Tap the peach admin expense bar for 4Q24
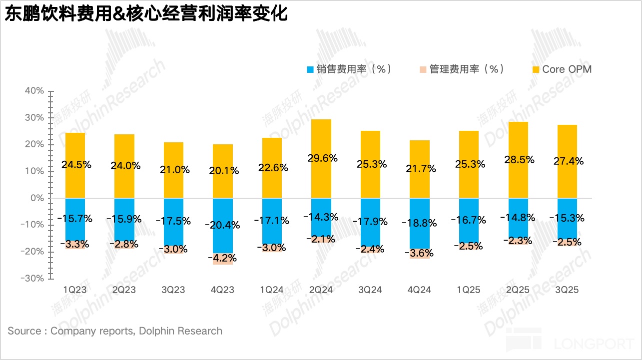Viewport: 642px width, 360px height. click(x=419, y=254)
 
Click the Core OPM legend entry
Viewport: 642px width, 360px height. click(x=561, y=69)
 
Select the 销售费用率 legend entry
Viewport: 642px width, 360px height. click(x=348, y=69)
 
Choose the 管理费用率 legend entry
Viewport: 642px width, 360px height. click(x=461, y=69)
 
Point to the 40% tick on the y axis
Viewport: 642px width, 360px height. click(x=34, y=91)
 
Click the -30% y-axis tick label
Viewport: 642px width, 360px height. click(x=32, y=278)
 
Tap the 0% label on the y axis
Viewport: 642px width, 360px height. click(x=37, y=198)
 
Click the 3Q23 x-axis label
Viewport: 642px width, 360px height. click(x=173, y=290)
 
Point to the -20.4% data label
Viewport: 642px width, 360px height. click(x=223, y=225)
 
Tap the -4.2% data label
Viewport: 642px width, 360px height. click(x=223, y=259)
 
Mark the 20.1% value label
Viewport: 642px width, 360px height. click(x=223, y=171)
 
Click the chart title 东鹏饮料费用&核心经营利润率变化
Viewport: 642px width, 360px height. click(x=146, y=14)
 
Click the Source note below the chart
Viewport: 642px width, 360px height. click(x=115, y=331)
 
